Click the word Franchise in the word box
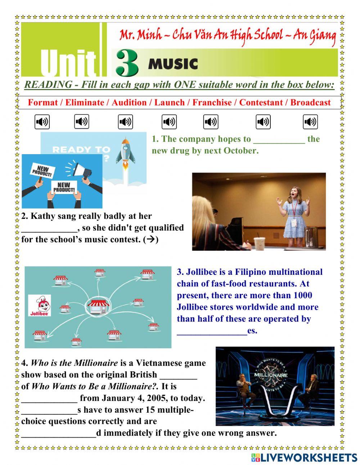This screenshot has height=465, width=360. click(212, 103)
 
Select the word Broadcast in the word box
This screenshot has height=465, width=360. click(310, 103)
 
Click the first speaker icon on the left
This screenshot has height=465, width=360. click(42, 122)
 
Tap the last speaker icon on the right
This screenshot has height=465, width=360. click(310, 122)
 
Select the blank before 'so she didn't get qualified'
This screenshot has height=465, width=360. click(49, 228)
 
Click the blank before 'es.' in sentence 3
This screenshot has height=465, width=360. click(212, 331)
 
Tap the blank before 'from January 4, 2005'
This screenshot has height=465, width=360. click(49, 399)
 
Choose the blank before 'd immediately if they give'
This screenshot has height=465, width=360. click(58, 433)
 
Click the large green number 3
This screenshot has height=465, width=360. click(127, 63)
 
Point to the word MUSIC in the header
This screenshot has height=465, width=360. click(173, 64)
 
